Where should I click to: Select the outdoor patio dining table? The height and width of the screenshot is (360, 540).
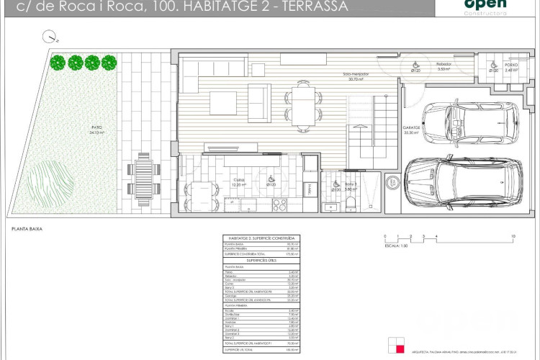(148, 176)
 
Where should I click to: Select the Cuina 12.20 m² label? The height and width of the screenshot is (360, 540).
(239, 183)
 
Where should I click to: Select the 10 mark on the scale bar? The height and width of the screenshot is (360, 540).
(512, 236)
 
